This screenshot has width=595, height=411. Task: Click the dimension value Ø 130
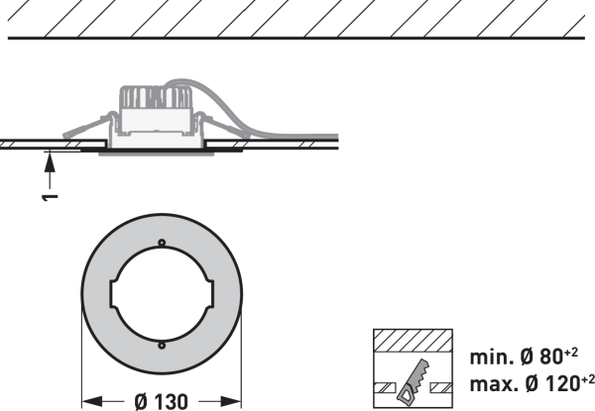pos(162,401)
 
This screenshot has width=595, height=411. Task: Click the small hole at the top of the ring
pos(162,243)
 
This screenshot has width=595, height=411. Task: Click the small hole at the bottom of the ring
pos(162,345)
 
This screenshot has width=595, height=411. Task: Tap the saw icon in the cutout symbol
pos(414,382)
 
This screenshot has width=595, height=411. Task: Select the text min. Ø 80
pos(517,358)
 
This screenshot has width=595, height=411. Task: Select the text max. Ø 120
pos(525,384)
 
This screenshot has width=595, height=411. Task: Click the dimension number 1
pos(50,197)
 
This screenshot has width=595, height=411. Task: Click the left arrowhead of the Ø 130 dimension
pos(92,401)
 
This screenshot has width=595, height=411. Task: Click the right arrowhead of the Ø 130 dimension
pos(231,401)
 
